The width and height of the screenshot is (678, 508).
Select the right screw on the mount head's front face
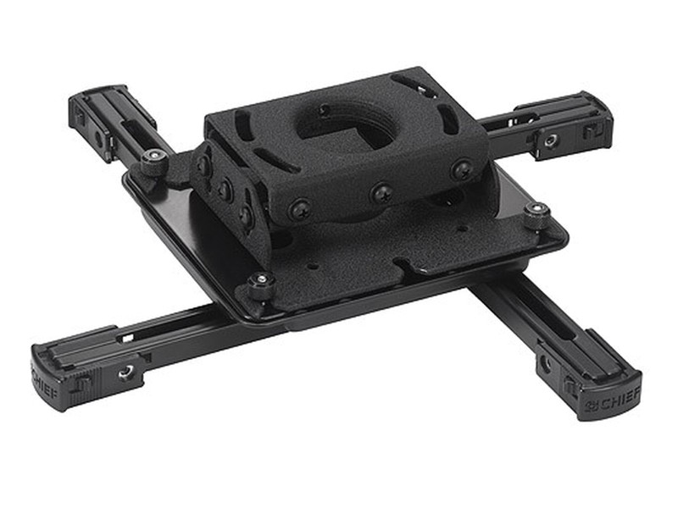point(462,169)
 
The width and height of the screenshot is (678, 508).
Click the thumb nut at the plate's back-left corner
point(153,159)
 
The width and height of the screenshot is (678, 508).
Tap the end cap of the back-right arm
point(593,119)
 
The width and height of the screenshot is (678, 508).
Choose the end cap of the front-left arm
point(55,373)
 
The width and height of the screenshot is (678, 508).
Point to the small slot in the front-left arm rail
point(127,337)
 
